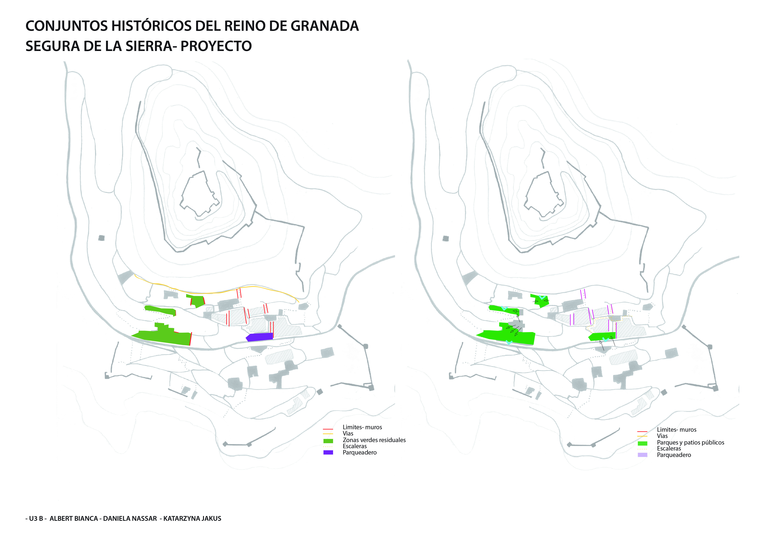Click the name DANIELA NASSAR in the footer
[x=130, y=518]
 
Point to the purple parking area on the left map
[x=259, y=337]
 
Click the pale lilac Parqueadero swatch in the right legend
[x=642, y=455]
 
